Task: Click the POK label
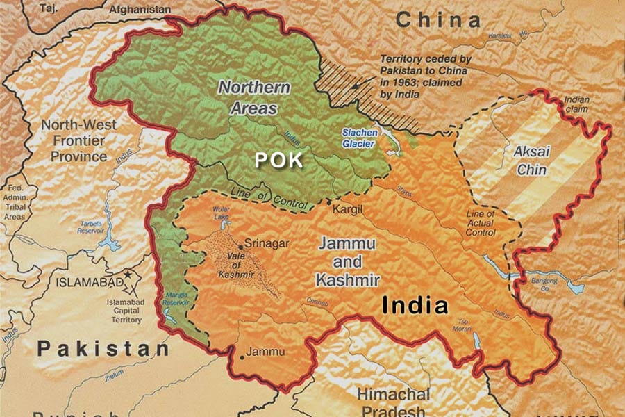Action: (278, 159)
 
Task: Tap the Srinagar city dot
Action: (240, 245)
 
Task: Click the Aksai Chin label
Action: (530, 160)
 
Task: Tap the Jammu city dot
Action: (241, 357)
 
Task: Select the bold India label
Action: (416, 306)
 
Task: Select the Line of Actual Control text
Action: (481, 223)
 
